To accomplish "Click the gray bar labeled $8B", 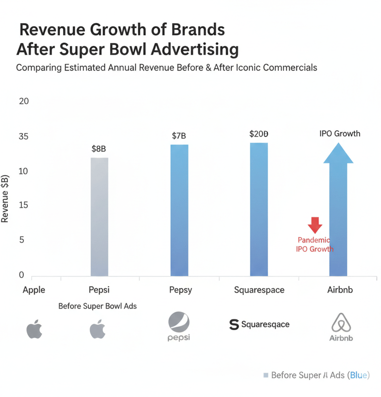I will tap(99, 217).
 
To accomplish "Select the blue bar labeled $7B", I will tap(179, 210).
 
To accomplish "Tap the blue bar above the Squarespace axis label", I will tap(259, 209).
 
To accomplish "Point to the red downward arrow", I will tap(315, 225).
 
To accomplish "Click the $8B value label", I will tap(99, 148).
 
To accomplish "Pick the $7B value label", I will tap(179, 136).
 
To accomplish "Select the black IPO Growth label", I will tap(340, 134).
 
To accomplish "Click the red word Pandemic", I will tap(315, 240).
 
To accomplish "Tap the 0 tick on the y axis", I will tap(21, 275).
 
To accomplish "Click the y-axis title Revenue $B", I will tap(6, 198).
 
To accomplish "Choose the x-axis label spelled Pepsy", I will tap(179, 290).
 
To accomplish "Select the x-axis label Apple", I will tap(34, 290).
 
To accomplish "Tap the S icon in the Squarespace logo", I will tap(234, 325).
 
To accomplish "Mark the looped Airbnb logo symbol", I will tap(341, 322).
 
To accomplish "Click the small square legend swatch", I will tap(266, 376).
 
